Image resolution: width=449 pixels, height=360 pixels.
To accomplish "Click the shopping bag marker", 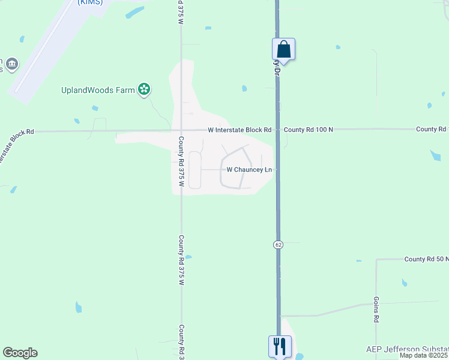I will click(x=283, y=49).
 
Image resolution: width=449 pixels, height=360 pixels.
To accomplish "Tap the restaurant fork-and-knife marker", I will click(x=280, y=346).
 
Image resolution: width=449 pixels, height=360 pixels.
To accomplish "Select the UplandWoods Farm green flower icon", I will click(x=143, y=90).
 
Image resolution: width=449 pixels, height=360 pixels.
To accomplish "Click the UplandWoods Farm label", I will click(x=98, y=91).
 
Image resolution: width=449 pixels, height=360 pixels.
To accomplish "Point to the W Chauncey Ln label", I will click(x=249, y=170).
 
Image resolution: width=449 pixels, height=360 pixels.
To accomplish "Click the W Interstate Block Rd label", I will click(x=240, y=130).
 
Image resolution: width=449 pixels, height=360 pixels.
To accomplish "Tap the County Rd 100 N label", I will click(x=308, y=130).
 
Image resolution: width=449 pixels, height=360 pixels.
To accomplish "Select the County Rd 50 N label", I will click(x=426, y=259).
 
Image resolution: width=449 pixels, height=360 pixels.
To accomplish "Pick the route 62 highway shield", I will click(x=279, y=245).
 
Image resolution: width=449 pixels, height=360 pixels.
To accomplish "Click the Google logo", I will click(x=20, y=353).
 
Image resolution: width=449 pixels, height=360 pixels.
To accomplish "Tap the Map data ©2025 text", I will click(x=424, y=356).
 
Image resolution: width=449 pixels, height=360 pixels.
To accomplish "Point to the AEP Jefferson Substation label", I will click(x=407, y=349).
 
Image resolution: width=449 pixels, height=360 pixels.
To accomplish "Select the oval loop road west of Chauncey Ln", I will click(x=194, y=170).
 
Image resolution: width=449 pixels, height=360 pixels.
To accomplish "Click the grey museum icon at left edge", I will click(x=12, y=63).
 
